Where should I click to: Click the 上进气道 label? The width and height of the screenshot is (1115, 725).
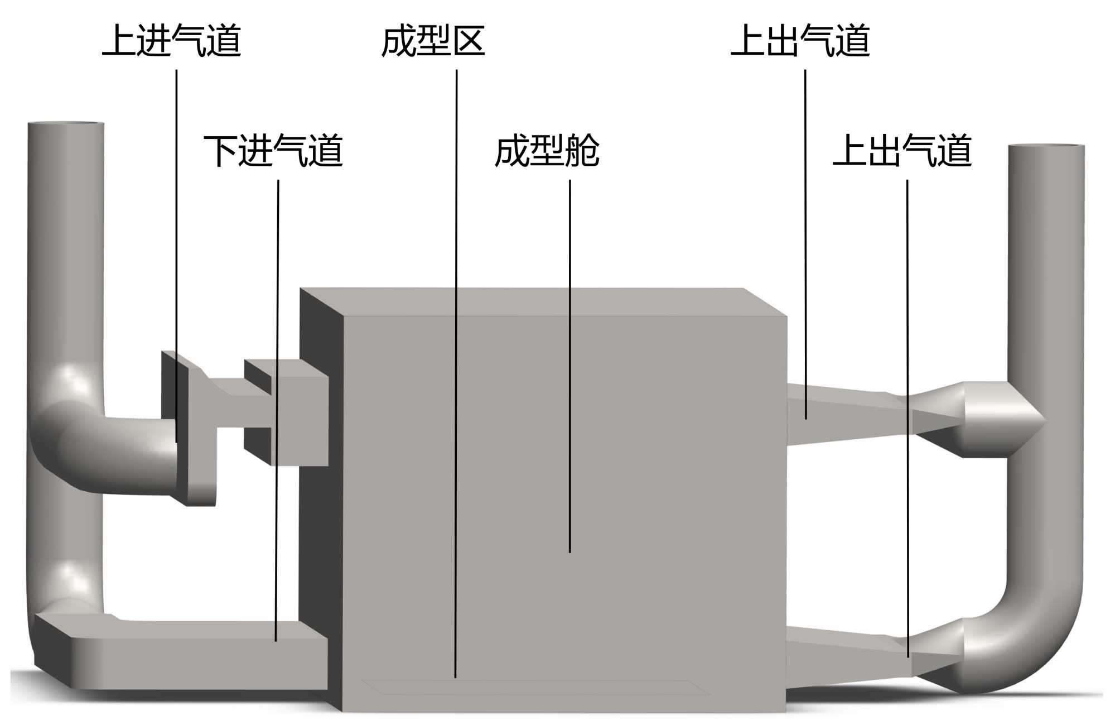(171, 41)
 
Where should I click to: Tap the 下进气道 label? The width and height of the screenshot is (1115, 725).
(273, 151)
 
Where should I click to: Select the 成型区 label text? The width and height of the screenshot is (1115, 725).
(433, 41)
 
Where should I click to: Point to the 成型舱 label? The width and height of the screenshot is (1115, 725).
(547, 151)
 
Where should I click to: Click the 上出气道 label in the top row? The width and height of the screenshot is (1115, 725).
(800, 41)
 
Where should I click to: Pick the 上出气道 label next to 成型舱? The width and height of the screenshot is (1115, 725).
(902, 151)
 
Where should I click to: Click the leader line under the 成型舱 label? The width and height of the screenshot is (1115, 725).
(569, 363)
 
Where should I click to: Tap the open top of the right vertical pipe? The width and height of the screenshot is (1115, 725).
(1046, 147)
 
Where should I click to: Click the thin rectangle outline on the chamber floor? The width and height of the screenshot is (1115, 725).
(535, 688)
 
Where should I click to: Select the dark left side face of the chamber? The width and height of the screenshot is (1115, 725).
(321, 502)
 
